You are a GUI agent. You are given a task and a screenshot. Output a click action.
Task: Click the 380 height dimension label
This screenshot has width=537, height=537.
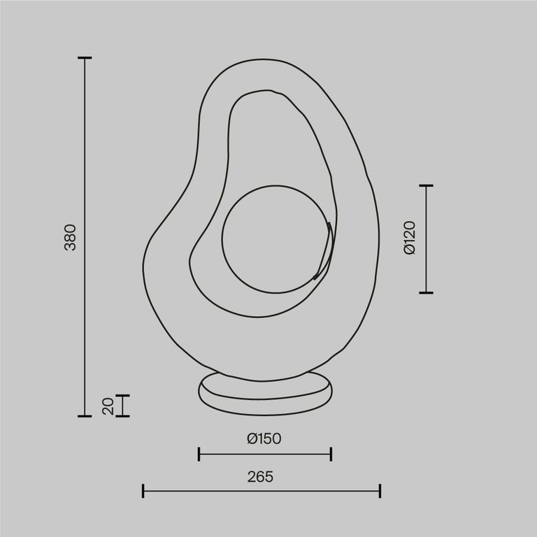coord(70,238)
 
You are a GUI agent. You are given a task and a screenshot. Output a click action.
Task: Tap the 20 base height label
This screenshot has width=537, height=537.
coord(108,406)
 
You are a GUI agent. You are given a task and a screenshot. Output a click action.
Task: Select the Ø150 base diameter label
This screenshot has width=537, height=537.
coord(264,439)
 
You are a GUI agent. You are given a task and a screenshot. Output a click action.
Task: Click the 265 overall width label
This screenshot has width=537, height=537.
coord(260,477)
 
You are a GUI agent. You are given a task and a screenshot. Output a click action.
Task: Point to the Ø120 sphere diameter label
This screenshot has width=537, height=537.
coord(410,238)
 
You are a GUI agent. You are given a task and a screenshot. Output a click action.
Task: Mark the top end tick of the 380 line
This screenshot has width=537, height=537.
coord(85,58)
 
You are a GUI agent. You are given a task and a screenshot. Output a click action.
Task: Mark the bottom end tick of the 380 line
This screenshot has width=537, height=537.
coord(85,416)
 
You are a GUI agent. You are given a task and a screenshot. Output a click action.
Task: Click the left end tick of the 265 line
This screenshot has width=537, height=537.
coord(143,491)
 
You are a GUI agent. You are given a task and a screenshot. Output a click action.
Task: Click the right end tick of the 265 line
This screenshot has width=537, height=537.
coord(380,491)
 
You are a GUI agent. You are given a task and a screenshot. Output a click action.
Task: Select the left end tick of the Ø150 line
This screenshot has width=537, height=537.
coord(199,454)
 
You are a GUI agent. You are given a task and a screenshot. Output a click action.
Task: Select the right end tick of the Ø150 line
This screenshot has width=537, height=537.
coord(331,454)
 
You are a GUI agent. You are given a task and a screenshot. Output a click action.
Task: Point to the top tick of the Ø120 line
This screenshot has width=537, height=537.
coord(426,186)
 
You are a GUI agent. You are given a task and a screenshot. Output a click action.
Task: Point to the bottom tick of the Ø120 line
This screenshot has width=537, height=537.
coord(426,292)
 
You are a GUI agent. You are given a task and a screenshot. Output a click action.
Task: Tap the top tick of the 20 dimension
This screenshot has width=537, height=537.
coord(123,396)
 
